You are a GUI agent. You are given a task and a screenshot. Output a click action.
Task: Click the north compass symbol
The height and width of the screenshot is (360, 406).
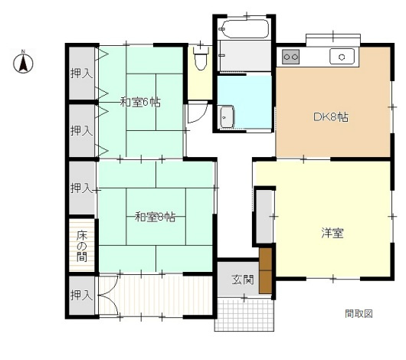click(23, 62)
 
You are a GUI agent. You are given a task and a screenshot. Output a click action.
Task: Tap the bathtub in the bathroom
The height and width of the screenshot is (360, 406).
click(244, 29)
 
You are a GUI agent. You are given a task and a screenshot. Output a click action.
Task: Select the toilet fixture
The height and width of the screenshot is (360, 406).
click(201, 58)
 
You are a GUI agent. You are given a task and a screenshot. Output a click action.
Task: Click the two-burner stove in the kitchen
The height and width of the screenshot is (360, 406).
click(291, 57)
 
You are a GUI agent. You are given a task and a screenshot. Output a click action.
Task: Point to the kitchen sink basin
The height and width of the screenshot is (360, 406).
click(342, 57)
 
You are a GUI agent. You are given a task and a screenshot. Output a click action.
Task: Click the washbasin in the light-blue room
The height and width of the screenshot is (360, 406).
click(227, 117)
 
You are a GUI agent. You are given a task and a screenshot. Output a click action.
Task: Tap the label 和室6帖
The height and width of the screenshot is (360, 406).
click(140, 103)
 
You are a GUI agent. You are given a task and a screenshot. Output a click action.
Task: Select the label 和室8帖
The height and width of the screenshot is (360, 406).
click(155, 217)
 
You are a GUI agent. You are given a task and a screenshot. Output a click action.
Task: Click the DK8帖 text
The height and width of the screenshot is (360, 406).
click(331, 117)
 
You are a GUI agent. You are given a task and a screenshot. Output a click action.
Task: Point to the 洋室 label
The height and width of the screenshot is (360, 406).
click(332, 233)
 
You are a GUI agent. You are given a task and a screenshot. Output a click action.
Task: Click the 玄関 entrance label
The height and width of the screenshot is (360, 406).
click(243, 280)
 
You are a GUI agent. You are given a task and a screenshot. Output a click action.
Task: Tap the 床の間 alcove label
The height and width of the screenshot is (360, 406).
click(81, 246)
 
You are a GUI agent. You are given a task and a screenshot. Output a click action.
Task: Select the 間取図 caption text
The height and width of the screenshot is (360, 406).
click(359, 313)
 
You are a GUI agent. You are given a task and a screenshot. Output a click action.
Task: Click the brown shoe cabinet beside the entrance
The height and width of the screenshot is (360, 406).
click(265, 271)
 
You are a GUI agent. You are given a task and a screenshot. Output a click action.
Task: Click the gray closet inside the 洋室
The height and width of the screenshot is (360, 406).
click(264, 216)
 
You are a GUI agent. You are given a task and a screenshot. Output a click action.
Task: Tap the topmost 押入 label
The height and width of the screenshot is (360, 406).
click(81, 74)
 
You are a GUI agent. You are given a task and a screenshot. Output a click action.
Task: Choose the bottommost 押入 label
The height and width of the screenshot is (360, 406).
click(81, 295)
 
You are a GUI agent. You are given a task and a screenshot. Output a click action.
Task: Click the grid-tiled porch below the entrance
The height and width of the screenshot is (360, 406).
click(244, 315)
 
